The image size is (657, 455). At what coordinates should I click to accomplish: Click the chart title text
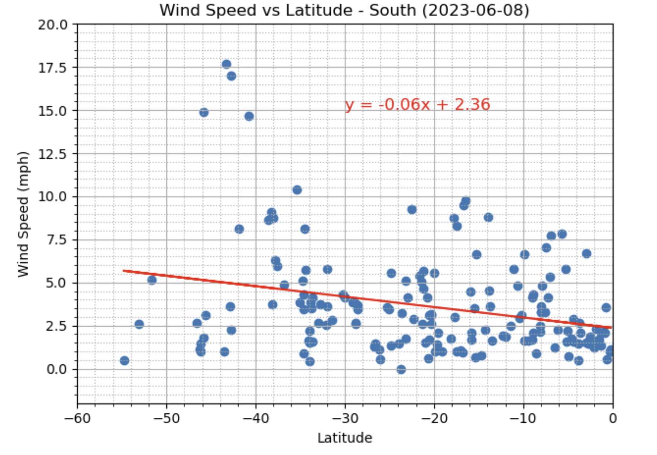[x=344, y=10]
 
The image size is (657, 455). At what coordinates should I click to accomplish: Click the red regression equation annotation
[x=418, y=104]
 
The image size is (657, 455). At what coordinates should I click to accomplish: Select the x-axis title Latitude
[x=345, y=438]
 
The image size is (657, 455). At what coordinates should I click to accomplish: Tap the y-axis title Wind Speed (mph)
[x=23, y=214]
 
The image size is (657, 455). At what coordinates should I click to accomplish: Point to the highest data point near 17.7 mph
[x=226, y=64]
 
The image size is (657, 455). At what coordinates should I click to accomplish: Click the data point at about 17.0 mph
[x=232, y=76]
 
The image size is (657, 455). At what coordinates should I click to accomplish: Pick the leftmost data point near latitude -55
[x=124, y=360]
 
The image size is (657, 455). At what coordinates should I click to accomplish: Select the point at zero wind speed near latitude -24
[x=401, y=369]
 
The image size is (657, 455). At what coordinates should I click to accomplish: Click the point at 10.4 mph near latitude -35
[x=297, y=190]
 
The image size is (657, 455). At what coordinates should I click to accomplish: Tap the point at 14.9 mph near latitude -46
[x=204, y=112]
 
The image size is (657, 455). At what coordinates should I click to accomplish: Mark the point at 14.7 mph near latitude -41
[x=249, y=116]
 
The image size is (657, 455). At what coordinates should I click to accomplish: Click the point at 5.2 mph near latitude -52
[x=152, y=280]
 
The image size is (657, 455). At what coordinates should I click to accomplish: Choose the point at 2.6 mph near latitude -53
[x=139, y=324]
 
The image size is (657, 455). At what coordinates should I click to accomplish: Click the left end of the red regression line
[x=124, y=270]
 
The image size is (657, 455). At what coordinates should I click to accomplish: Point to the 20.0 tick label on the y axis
[x=53, y=25]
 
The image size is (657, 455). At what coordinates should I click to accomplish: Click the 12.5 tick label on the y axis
[x=53, y=154]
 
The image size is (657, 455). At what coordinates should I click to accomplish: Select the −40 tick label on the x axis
[x=255, y=418]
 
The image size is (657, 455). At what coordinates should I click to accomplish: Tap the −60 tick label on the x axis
[x=77, y=418]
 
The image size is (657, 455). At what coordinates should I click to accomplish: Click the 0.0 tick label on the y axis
[x=57, y=369]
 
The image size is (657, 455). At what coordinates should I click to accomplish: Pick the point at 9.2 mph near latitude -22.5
[x=412, y=210]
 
